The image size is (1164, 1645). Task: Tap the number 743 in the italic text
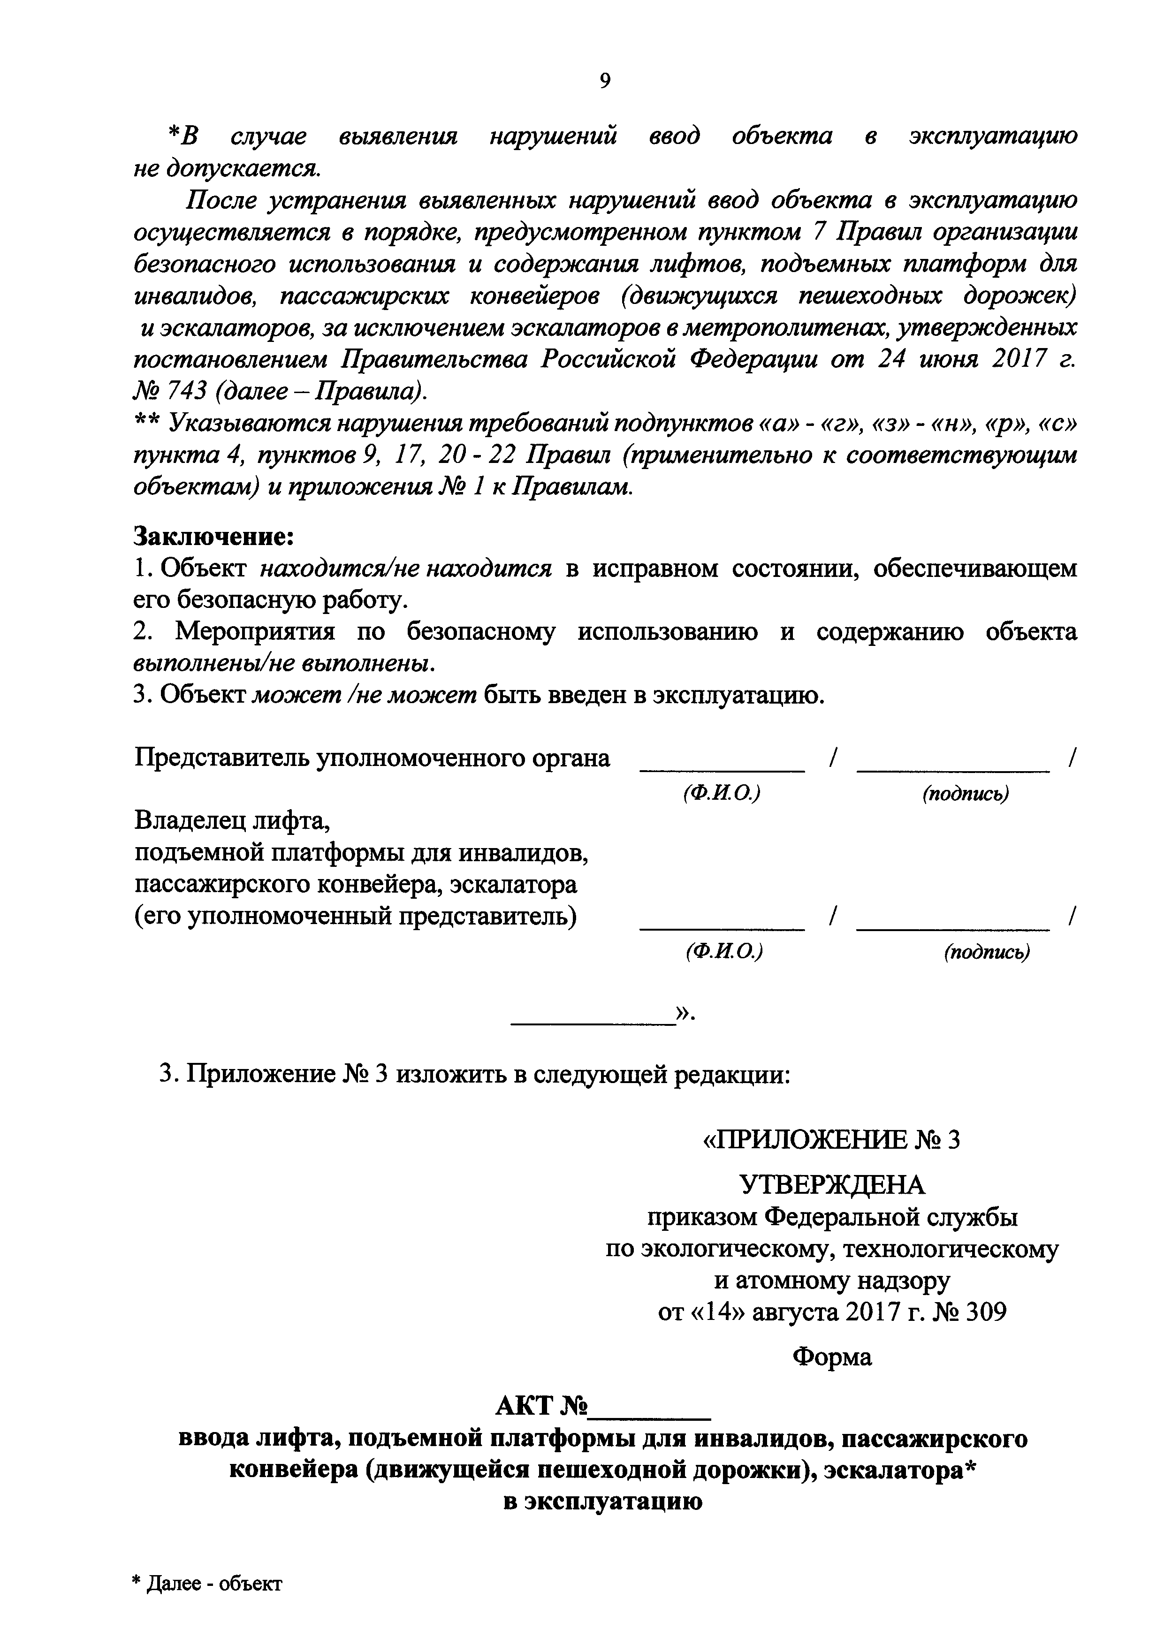tap(190, 392)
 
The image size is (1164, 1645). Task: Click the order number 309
tap(986, 1312)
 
